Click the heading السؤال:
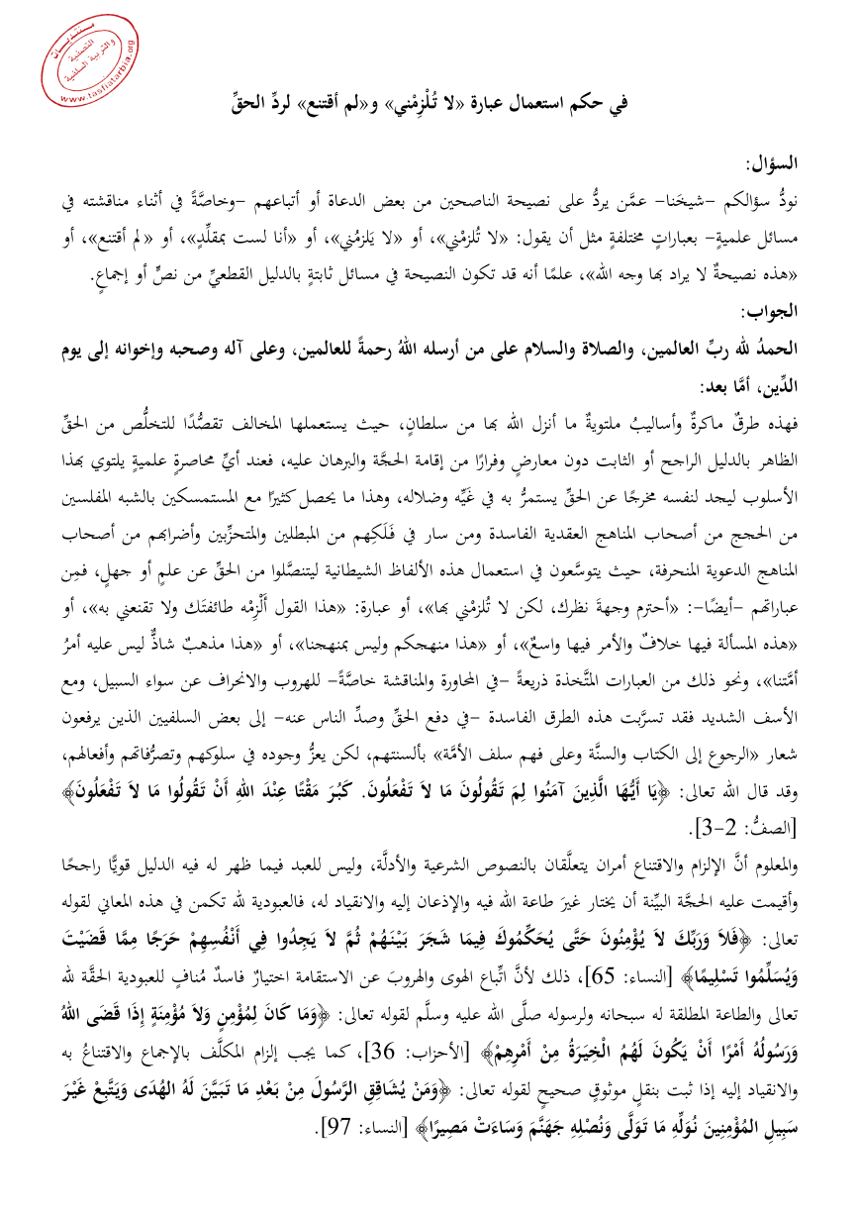point(770,160)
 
